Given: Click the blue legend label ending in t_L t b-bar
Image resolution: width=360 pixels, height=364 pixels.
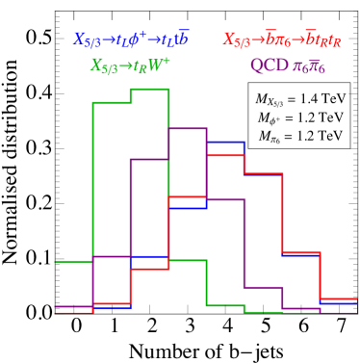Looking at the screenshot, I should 131,40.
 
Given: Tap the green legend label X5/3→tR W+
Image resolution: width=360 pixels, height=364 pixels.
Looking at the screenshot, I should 130,65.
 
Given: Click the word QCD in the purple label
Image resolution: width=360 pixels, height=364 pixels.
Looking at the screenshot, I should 269,65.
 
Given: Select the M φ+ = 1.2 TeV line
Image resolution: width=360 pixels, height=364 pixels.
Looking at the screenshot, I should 299,117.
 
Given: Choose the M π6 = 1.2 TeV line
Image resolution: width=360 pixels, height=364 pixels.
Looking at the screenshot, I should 299,136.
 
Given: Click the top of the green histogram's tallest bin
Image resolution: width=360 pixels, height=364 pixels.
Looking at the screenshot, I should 149,90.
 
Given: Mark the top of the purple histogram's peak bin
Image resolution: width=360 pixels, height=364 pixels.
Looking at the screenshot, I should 187,128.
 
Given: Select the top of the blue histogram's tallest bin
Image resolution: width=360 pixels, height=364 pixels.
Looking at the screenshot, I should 224,143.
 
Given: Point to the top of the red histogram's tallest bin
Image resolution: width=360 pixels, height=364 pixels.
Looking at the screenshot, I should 224,154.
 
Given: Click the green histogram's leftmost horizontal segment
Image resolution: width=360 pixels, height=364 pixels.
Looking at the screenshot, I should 74,261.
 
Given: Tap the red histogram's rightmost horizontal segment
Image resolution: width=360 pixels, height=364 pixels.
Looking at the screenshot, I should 338,299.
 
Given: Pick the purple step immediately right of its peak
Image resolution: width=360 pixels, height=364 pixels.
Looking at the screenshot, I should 224,200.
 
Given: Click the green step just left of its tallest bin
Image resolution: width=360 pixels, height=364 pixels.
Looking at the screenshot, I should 112,102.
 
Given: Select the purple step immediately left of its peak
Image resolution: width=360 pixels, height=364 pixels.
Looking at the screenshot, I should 149,160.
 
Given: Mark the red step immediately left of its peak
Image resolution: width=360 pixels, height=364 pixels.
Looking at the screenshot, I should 187,197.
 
